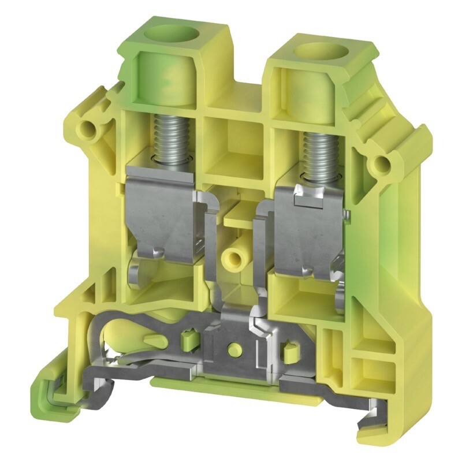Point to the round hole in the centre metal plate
coord(233,348)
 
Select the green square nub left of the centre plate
coord(187,338)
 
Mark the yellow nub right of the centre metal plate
coord(287,350)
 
